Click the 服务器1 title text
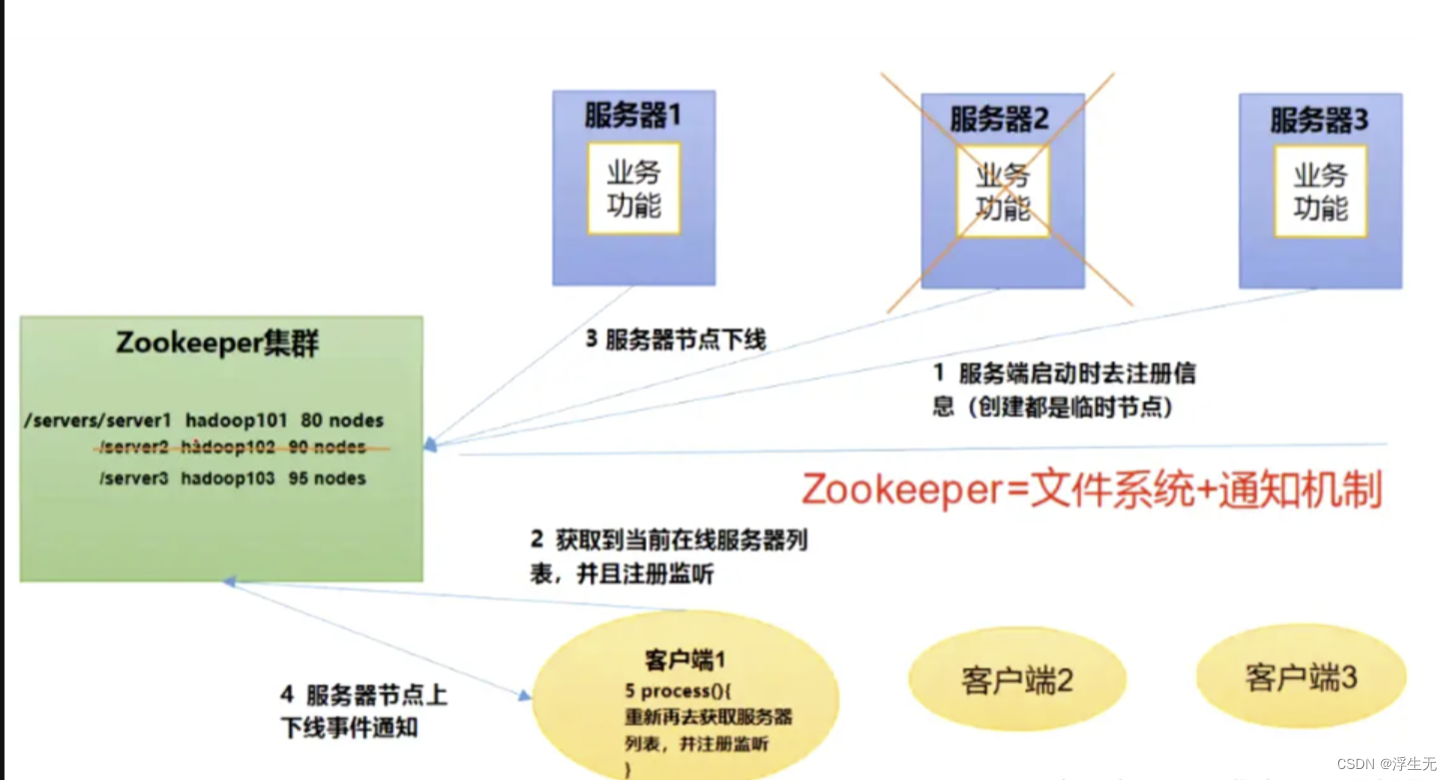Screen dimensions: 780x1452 (x=633, y=116)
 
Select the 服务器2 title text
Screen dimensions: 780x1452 (x=998, y=120)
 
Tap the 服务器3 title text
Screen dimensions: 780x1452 (x=1319, y=121)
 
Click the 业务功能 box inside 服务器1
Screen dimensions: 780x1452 (x=634, y=189)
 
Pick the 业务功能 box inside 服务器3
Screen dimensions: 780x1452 (x=1320, y=191)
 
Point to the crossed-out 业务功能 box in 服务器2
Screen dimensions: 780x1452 (x=1002, y=193)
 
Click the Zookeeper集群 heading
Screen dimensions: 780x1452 (x=218, y=343)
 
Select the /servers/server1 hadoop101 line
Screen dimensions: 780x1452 (x=205, y=420)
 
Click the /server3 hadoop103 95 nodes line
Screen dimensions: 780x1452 (x=232, y=478)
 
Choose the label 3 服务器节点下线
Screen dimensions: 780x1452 (x=676, y=340)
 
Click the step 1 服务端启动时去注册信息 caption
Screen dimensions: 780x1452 (x=1063, y=390)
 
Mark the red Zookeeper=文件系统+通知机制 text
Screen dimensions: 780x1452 (x=1091, y=491)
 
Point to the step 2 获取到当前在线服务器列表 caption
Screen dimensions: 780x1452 (x=668, y=556)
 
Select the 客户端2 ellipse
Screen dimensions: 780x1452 (x=1016, y=680)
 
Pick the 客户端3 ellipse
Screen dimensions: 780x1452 (x=1300, y=677)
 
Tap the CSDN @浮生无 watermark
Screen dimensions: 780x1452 (x=1386, y=763)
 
